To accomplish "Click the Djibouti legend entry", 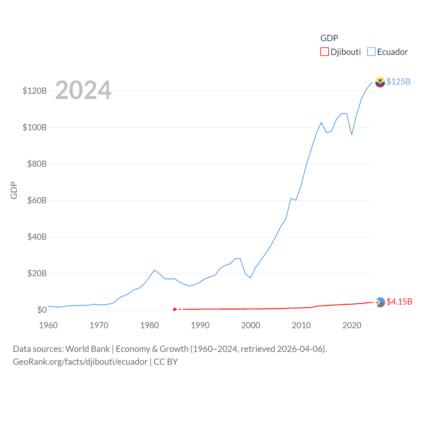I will [x=341, y=52].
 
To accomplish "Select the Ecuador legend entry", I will [x=387, y=52].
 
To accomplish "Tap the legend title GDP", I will [x=329, y=38].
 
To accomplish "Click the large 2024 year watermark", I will [x=83, y=90].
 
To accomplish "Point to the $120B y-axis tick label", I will [x=35, y=91].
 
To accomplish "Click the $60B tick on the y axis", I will [x=37, y=200].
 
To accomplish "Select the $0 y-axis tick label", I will [x=42, y=310].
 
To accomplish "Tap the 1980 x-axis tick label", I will [x=149, y=325].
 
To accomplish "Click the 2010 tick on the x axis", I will [x=301, y=325].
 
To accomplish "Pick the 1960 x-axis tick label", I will [x=48, y=325].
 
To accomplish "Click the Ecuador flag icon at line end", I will [x=380, y=82].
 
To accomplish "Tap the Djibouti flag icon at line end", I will [x=380, y=302].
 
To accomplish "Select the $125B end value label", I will [x=398, y=82].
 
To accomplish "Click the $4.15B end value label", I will [x=399, y=302].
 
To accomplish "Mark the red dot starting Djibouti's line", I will [x=175, y=309].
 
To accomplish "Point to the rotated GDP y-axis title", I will [x=14, y=190].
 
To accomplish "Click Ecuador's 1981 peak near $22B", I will [x=154, y=270].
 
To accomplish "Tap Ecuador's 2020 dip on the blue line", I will [x=352, y=135].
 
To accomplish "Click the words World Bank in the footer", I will [x=87, y=349].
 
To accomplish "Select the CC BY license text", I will [x=166, y=362].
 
